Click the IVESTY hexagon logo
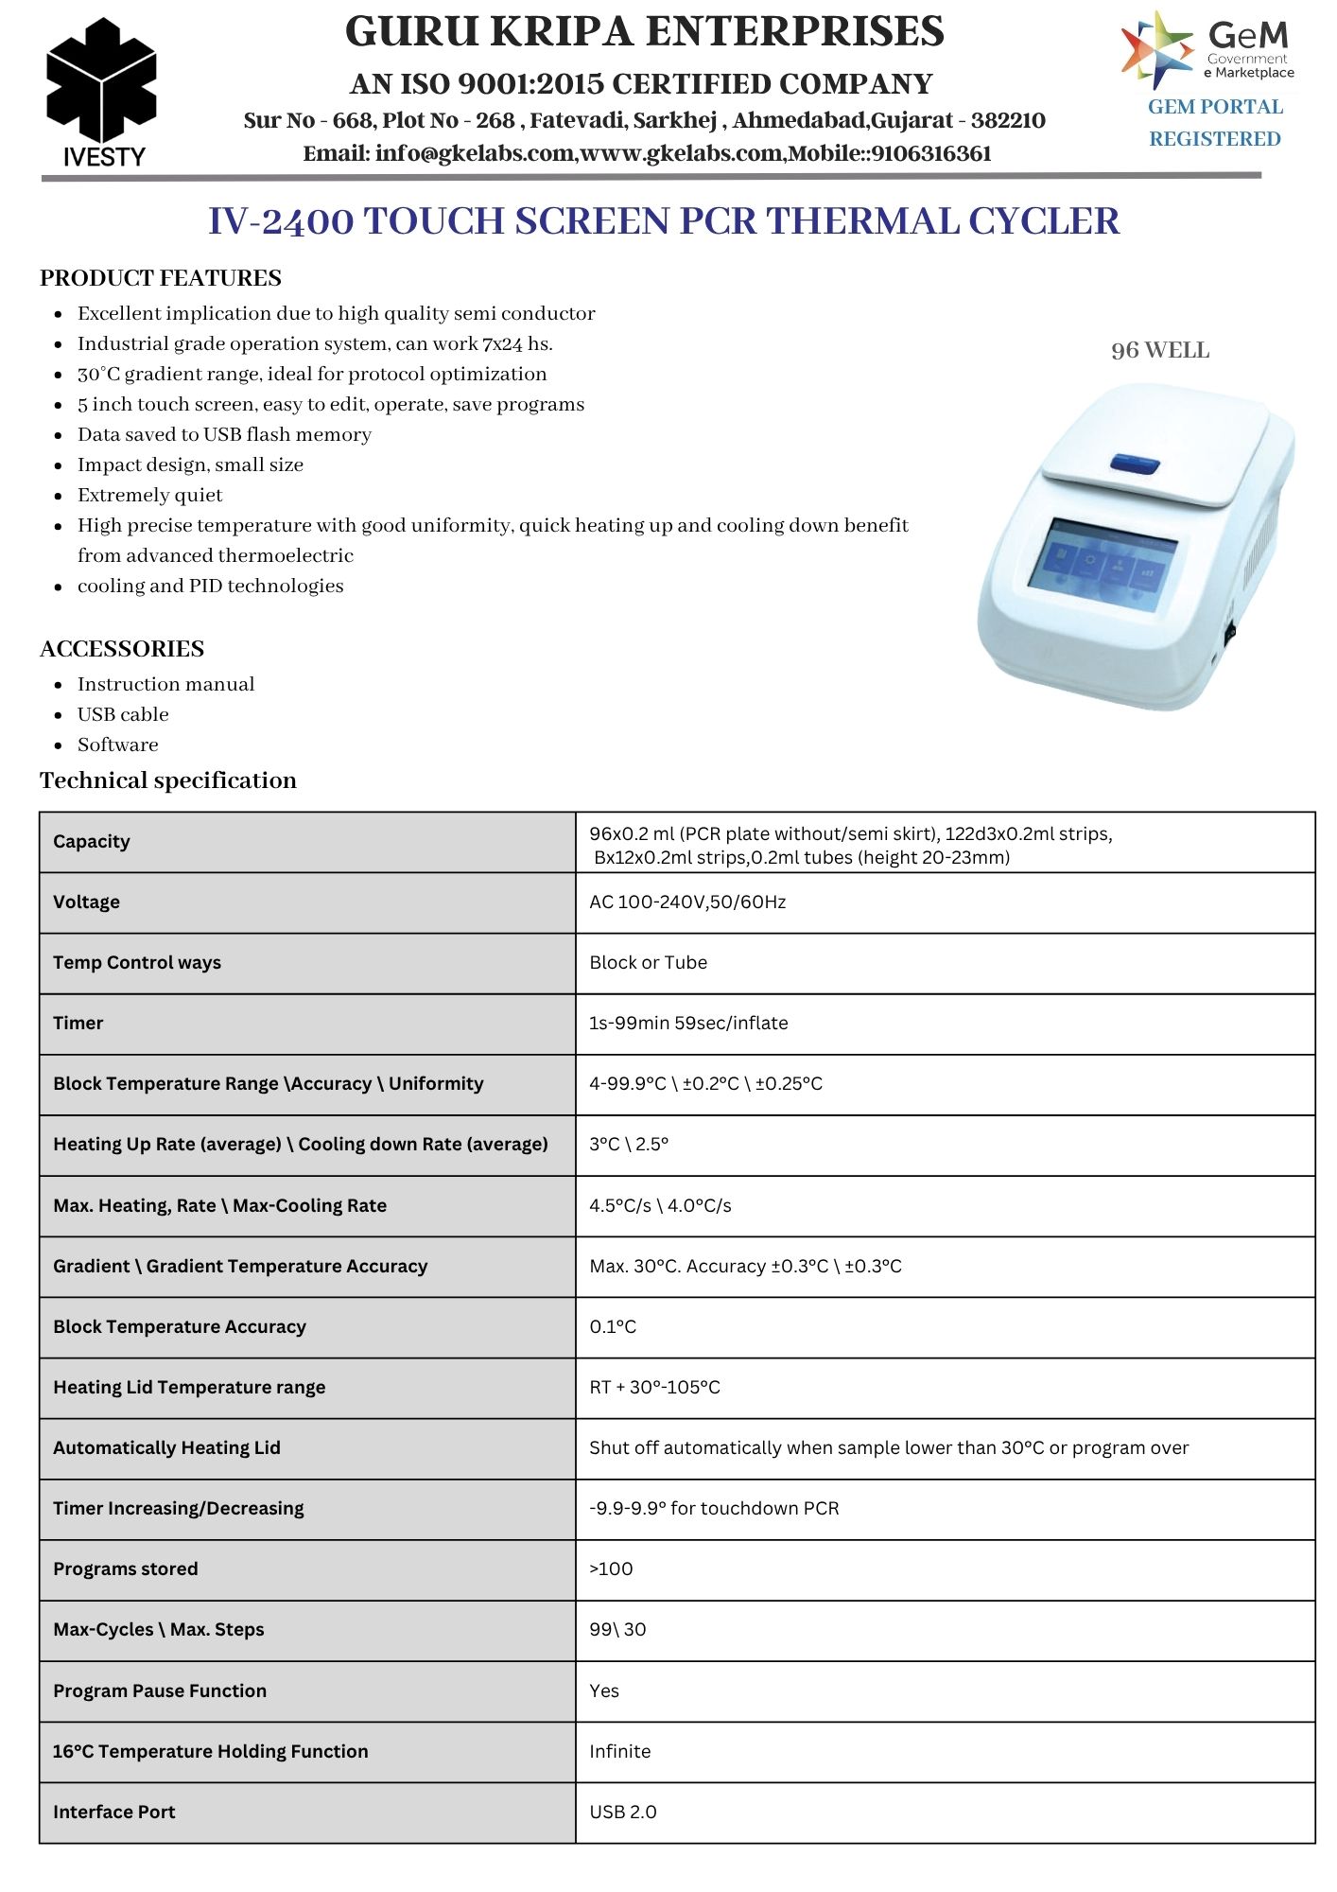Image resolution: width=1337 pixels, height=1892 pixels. [101, 91]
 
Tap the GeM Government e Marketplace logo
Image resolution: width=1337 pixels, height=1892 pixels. [1207, 49]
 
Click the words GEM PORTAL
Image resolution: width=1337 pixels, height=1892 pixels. [1215, 107]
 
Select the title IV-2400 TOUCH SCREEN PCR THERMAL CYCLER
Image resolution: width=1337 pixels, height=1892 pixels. [664, 221]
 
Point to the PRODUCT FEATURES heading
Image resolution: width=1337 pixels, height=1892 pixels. [161, 278]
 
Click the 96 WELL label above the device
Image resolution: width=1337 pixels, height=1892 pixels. [1160, 351]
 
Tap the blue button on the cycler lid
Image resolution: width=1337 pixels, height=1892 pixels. [1135, 463]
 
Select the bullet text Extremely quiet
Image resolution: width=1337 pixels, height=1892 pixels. [150, 495]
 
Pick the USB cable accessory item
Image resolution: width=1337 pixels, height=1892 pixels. [123, 714]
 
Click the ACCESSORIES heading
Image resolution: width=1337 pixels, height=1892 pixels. [122, 649]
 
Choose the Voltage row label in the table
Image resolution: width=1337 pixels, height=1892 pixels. [87, 902]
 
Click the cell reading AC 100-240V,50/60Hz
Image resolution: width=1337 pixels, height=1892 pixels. [687, 902]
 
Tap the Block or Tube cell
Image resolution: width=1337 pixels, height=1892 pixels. [648, 962]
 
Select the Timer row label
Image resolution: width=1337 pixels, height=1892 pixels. [78, 1023]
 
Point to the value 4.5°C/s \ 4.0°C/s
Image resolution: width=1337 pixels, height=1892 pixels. [660, 1205]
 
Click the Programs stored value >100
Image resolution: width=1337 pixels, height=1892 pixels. [611, 1568]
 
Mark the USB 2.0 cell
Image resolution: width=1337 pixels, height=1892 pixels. [622, 1812]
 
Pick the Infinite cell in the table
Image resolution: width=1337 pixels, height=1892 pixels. [619, 1751]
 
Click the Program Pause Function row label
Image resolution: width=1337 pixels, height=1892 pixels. [160, 1691]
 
